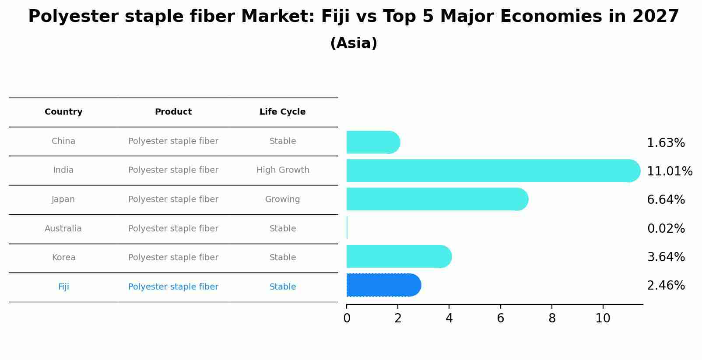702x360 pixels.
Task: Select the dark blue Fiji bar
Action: click(x=383, y=285)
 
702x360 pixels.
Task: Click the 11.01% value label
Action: click(x=669, y=171)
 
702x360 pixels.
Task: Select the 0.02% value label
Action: click(x=666, y=229)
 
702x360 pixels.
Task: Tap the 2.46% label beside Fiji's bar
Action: click(x=666, y=286)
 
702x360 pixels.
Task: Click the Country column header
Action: click(x=63, y=112)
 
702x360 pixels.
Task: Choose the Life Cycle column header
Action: click(x=282, y=112)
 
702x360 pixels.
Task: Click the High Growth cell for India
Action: click(x=283, y=170)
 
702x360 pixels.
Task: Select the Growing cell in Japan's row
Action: click(x=282, y=199)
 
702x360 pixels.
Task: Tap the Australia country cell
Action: click(x=63, y=229)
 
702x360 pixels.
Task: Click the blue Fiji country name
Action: click(x=63, y=287)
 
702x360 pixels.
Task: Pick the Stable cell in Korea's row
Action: click(x=283, y=258)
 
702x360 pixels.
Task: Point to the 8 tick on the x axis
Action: click(x=552, y=318)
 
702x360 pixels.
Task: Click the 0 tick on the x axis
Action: click(x=347, y=318)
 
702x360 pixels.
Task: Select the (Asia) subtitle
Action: click(x=354, y=43)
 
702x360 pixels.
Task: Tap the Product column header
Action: click(x=173, y=112)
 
